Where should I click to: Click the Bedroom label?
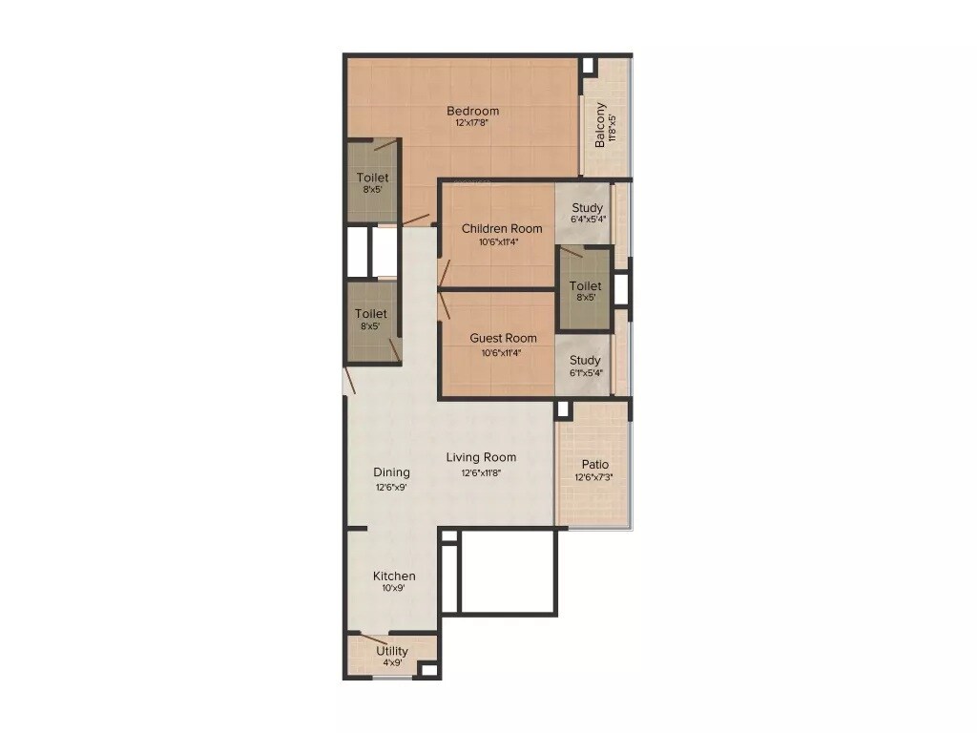(472, 111)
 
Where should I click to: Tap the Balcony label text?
(600, 124)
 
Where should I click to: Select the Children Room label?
(502, 228)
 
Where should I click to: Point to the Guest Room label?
(503, 338)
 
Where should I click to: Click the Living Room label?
(481, 457)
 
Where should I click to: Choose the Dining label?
(391, 471)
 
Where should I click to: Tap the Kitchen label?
(394, 576)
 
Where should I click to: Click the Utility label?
(392, 651)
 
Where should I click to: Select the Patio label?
(595, 464)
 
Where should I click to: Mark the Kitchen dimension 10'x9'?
(394, 588)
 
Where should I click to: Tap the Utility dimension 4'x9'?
(392, 662)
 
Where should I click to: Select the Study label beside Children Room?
(587, 208)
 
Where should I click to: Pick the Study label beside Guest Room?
(585, 360)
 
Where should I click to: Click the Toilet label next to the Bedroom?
(372, 178)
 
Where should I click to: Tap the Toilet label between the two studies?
(585, 285)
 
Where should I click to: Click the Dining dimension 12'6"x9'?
(392, 487)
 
